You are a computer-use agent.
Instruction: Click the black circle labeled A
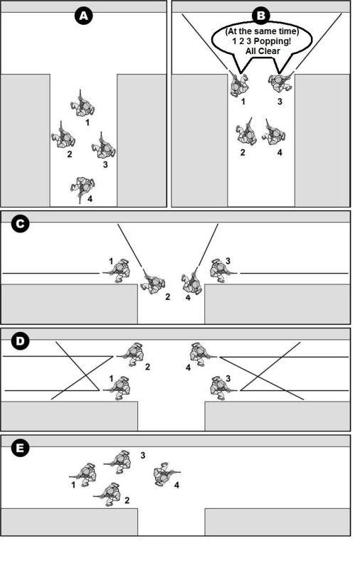point(84,16)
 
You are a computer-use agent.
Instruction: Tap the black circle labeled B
point(261,16)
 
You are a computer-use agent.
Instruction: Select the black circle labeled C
point(20,224)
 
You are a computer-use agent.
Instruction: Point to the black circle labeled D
point(20,341)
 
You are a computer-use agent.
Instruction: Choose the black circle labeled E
point(20,449)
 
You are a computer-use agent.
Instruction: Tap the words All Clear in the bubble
point(263,50)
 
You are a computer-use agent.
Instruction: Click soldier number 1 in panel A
point(83,104)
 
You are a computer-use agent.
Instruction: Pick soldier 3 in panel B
point(280,82)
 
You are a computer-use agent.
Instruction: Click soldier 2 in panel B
point(247,132)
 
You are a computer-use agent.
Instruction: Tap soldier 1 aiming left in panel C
point(117,271)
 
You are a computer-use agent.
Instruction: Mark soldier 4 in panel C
point(191,281)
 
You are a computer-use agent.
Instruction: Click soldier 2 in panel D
point(131,353)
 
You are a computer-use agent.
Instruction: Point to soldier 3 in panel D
point(221,387)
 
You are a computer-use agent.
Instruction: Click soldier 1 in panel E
point(85,474)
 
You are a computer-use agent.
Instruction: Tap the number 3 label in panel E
point(143,456)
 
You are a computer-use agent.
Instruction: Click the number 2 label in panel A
point(70,154)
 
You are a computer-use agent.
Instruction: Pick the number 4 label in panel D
point(188,368)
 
